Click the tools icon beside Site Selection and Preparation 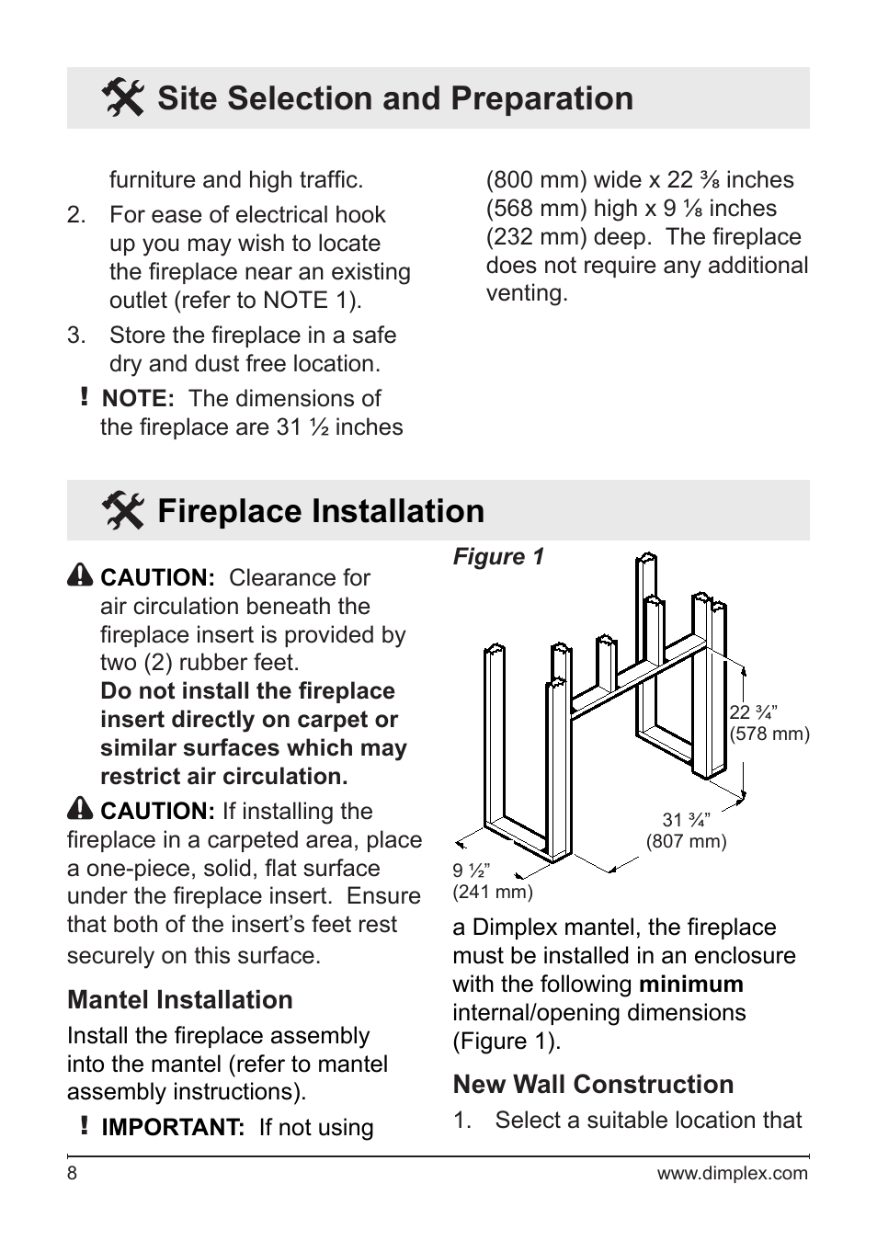pyautogui.click(x=122, y=98)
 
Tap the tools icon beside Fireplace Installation pyautogui.click(x=122, y=511)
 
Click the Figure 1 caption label pyautogui.click(x=498, y=557)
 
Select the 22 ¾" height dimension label pyautogui.click(x=753, y=712)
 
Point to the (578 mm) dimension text pyautogui.click(x=769, y=734)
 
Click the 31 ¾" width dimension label pyautogui.click(x=686, y=820)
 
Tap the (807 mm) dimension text pyautogui.click(x=686, y=841)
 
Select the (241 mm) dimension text pyautogui.click(x=492, y=892)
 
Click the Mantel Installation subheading pyautogui.click(x=180, y=1000)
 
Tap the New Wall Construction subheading pyautogui.click(x=593, y=1085)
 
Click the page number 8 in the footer pyautogui.click(x=72, y=1174)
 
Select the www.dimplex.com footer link pyautogui.click(x=732, y=1174)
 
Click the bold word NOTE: pyautogui.click(x=138, y=399)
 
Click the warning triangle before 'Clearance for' pyautogui.click(x=80, y=575)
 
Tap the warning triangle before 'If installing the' pyautogui.click(x=80, y=809)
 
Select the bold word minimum pyautogui.click(x=690, y=985)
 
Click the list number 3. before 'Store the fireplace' pyautogui.click(x=76, y=336)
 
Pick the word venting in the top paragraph pyautogui.click(x=526, y=294)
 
